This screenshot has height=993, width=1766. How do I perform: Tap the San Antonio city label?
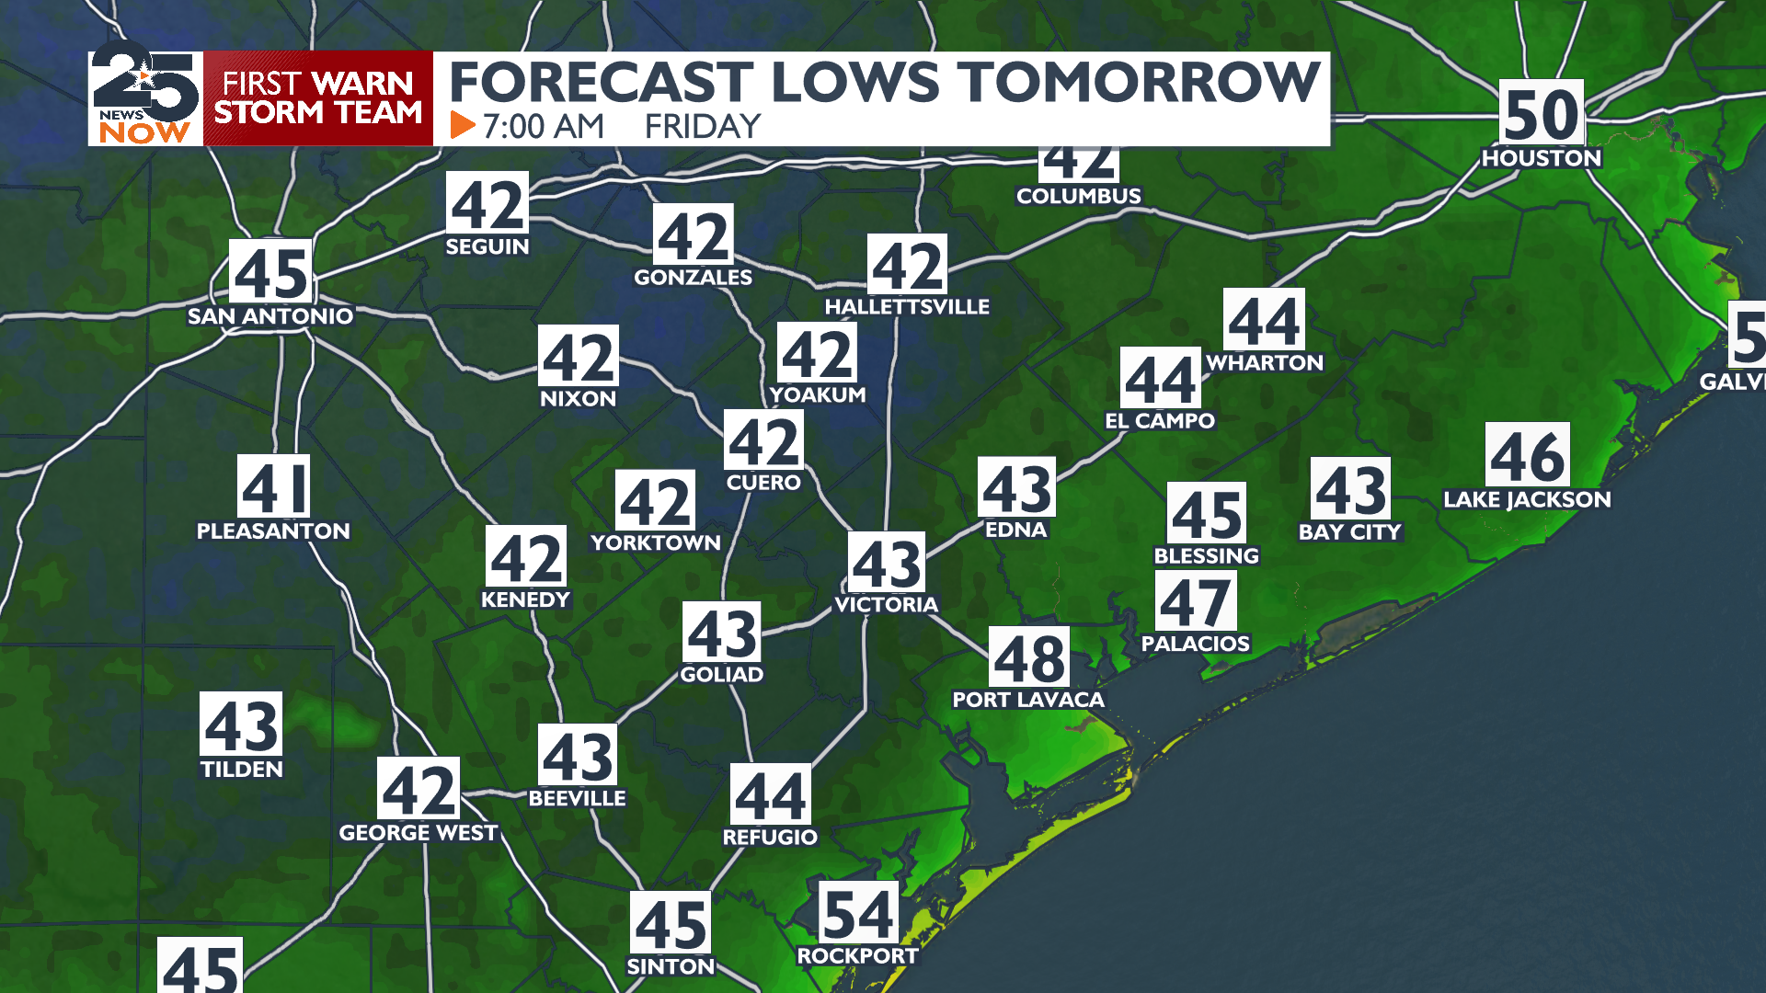270,316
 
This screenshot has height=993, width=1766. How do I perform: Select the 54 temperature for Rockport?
857,914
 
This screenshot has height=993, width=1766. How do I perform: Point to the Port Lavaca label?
1027,700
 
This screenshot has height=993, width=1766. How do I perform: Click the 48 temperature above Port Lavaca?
1029,658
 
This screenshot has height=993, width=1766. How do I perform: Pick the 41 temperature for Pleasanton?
273,487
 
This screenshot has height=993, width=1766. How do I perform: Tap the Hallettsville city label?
907,307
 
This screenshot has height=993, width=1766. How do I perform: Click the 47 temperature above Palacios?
1195,602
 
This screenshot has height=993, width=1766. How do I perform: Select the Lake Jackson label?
1527,499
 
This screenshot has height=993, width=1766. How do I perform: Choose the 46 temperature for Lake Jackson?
1527,456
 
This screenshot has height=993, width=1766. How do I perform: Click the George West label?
419,833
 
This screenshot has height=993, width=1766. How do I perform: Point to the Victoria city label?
886,604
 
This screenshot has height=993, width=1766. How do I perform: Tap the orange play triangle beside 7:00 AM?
462,125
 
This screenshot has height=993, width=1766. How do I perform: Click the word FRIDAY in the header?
703,126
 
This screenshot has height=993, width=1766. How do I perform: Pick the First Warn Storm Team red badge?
318,97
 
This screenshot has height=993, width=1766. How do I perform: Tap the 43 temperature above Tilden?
241,725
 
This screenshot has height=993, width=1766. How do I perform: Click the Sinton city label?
671,966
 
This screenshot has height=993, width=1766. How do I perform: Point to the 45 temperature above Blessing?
1207,514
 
